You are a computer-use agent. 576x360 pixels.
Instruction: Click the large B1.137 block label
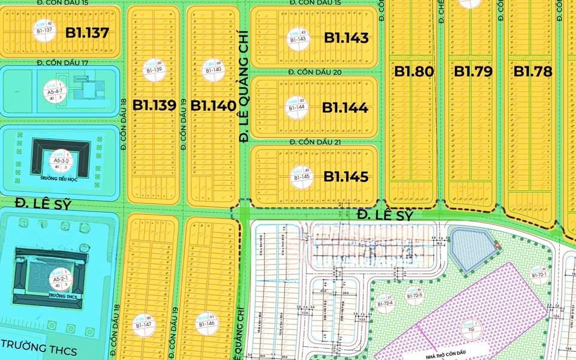click(87, 33)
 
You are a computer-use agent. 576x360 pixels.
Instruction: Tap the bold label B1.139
click(154, 106)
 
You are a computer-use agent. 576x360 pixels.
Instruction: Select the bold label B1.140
click(213, 106)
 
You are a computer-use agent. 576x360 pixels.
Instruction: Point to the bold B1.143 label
click(346, 38)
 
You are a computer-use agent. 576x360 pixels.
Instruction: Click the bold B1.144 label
click(345, 108)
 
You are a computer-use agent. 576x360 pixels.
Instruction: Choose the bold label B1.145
click(346, 177)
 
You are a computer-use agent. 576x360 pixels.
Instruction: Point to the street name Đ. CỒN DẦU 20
click(314, 73)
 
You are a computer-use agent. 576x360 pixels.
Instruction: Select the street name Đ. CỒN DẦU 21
click(314, 142)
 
